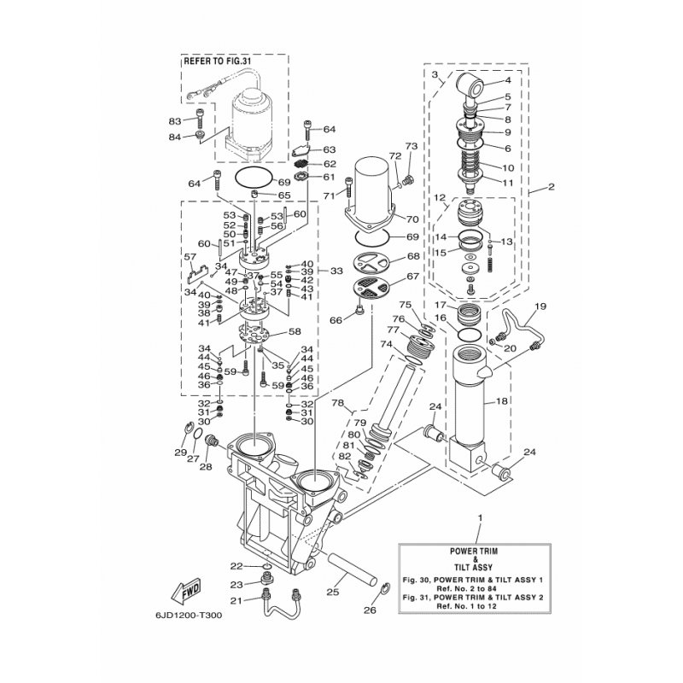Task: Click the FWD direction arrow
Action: coord(187,592)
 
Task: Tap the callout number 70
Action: coord(412,219)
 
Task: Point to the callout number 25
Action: coord(333,592)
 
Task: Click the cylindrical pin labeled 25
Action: coord(352,569)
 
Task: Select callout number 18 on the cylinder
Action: coord(502,401)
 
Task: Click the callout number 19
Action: coord(540,306)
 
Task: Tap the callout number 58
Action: coord(295,331)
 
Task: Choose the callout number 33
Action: coord(336,271)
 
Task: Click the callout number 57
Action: coord(190,257)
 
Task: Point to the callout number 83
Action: coord(175,121)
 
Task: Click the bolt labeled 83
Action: coord(201,118)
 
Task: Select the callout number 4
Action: coord(508,80)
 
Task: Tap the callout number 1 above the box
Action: coord(481,518)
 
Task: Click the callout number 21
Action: coord(236,601)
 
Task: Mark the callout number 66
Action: coord(336,321)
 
